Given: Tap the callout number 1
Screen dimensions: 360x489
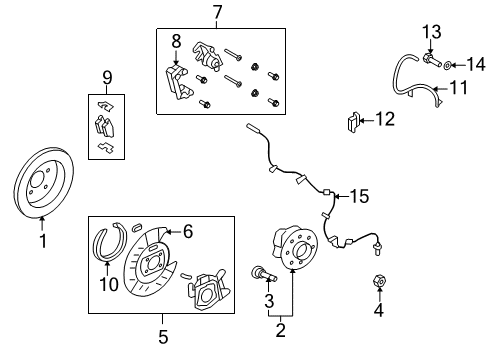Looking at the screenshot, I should [x=42, y=241].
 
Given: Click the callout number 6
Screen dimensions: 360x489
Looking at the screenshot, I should [x=186, y=230].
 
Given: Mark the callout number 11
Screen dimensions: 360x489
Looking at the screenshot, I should [x=457, y=88].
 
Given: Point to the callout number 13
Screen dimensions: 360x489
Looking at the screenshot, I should [x=430, y=32].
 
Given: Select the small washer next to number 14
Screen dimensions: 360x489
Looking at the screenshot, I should [x=445, y=63].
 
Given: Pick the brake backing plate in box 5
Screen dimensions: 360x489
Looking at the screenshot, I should [x=145, y=265].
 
